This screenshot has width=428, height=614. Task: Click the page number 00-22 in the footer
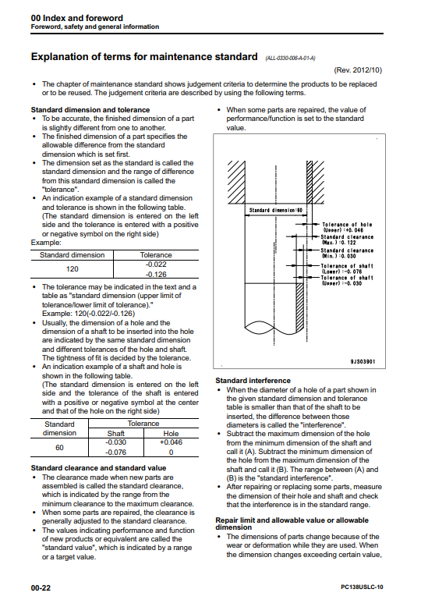pyautogui.click(x=41, y=587)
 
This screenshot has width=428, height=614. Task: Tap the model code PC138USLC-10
pyautogui.click(x=362, y=587)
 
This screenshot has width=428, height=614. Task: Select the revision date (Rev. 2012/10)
pyautogui.click(x=358, y=70)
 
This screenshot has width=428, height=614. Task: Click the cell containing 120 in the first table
pyautogui.click(x=72, y=269)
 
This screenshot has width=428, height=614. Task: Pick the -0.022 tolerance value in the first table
pyautogui.click(x=156, y=264)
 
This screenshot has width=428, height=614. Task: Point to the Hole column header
pyautogui.click(x=171, y=434)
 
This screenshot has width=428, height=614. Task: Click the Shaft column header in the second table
pyautogui.click(x=116, y=434)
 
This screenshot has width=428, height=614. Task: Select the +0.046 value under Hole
pyautogui.click(x=171, y=442)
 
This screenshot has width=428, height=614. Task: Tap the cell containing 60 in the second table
pyautogui.click(x=59, y=448)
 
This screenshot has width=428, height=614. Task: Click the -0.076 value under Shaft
pyautogui.click(x=116, y=453)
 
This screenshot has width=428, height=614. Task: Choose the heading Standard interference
pyautogui.click(x=253, y=381)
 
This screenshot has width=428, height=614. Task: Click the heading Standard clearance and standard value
pyautogui.click(x=98, y=468)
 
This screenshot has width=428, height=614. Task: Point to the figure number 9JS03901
pyautogui.click(x=363, y=361)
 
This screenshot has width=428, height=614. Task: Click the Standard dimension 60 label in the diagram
pyautogui.click(x=276, y=211)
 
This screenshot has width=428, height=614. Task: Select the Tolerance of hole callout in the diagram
pyautogui.click(x=347, y=227)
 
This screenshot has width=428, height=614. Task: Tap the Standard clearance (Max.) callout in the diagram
pyautogui.click(x=347, y=240)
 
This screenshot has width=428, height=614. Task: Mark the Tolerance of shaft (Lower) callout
pyautogui.click(x=347, y=268)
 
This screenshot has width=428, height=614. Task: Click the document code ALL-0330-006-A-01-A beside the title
pyautogui.click(x=290, y=59)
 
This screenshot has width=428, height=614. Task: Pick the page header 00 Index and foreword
pyautogui.click(x=76, y=18)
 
